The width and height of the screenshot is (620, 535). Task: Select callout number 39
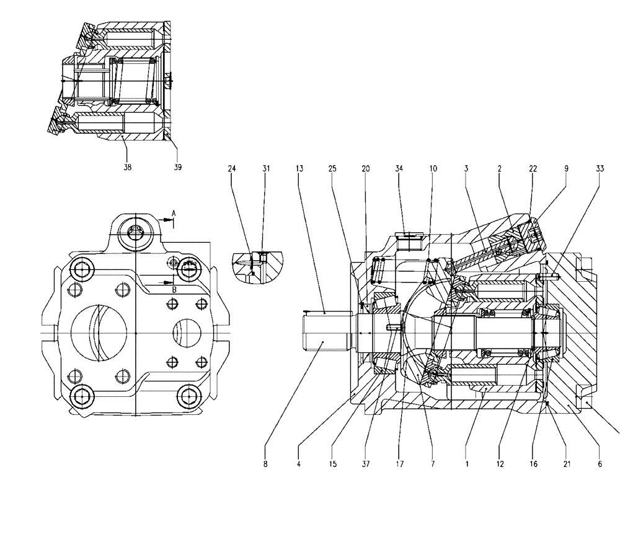click(177, 167)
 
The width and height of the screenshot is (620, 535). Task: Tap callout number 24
click(232, 168)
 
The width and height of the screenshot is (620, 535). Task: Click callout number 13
click(299, 168)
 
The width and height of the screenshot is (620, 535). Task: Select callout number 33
click(600, 168)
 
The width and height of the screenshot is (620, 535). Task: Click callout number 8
click(265, 463)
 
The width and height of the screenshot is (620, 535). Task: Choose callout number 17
click(399, 463)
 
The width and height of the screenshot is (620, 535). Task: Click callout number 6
click(600, 463)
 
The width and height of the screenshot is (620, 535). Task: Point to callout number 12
click(500, 463)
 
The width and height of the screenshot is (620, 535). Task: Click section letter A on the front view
click(174, 214)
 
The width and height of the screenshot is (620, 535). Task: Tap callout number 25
click(332, 168)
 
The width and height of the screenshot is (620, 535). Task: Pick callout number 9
click(566, 168)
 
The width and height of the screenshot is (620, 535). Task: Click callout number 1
click(467, 463)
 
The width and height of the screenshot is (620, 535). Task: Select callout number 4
click(299, 463)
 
